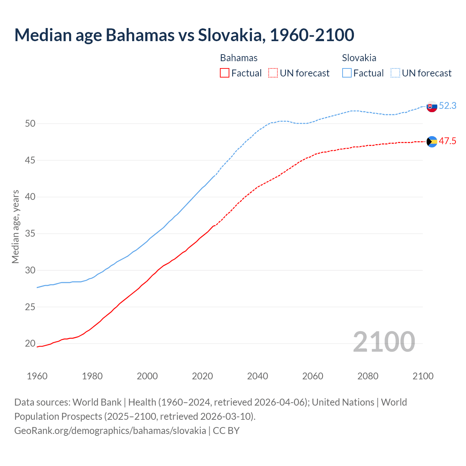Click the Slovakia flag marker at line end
point(432,107)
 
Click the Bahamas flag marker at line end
point(432,142)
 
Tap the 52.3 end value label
point(447,106)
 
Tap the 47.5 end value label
point(447,141)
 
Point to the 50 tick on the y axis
point(30,123)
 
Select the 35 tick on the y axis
point(30,233)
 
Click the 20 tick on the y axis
point(30,343)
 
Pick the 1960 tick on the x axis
point(37,376)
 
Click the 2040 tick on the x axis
point(257,376)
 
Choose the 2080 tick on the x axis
point(368,376)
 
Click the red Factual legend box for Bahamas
point(225,73)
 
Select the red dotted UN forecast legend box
point(273,73)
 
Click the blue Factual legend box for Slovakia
point(347,73)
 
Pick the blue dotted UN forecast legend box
point(395,73)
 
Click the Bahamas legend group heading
point(239,58)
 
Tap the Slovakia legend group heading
point(359,58)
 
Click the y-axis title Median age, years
point(15,226)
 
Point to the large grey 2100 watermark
point(384,341)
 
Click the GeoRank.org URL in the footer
point(110,430)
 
